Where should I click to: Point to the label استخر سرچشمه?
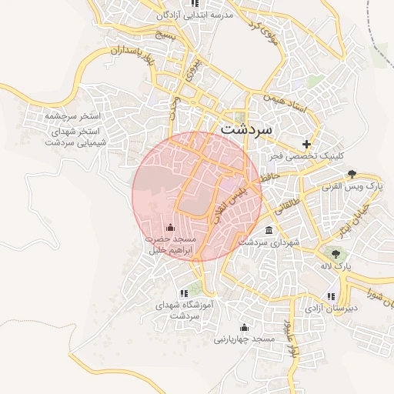73,115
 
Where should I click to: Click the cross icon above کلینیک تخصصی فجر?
307,143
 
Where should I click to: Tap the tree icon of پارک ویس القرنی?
352,174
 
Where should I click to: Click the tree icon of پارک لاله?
335,252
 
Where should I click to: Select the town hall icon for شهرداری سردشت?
268,230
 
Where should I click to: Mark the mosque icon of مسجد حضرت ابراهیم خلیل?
170,227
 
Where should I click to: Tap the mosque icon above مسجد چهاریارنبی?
245,326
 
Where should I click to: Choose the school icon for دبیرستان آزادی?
331,295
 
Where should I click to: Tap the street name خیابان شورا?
370,290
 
